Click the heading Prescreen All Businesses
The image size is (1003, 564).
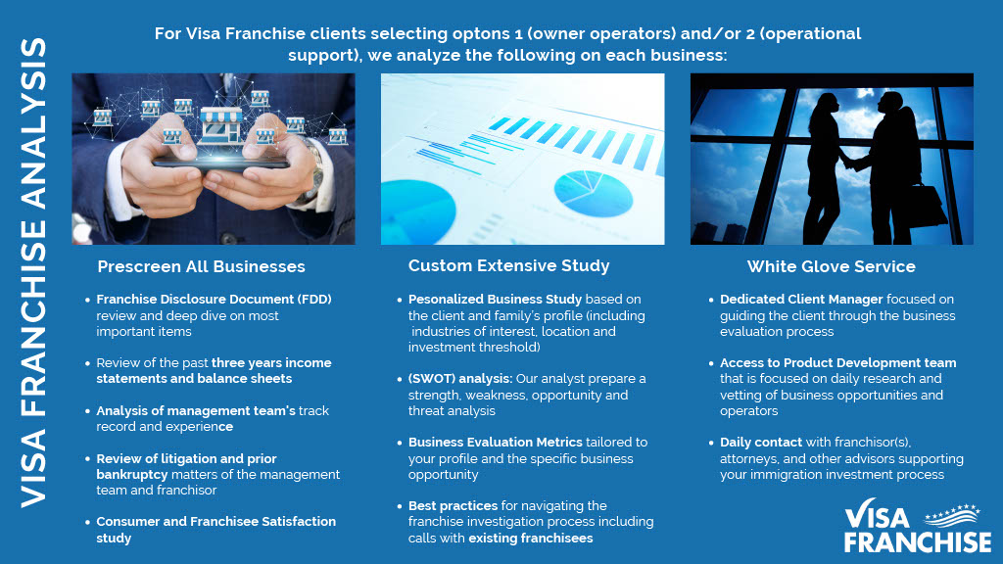(201, 266)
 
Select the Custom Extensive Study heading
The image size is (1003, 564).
(509, 266)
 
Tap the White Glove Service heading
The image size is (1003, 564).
(832, 266)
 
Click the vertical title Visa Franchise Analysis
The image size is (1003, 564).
(34, 272)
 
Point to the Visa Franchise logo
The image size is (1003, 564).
(918, 526)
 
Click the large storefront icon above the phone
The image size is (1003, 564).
(221, 125)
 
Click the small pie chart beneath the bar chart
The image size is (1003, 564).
(593, 194)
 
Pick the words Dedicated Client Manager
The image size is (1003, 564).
(801, 300)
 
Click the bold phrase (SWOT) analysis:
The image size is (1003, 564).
(460, 379)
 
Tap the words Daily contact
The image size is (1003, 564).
(761, 442)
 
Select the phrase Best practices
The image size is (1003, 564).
(453, 506)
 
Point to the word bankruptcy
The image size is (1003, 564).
(132, 475)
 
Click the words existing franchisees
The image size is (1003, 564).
(531, 538)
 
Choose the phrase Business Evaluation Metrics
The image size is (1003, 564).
(496, 442)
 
